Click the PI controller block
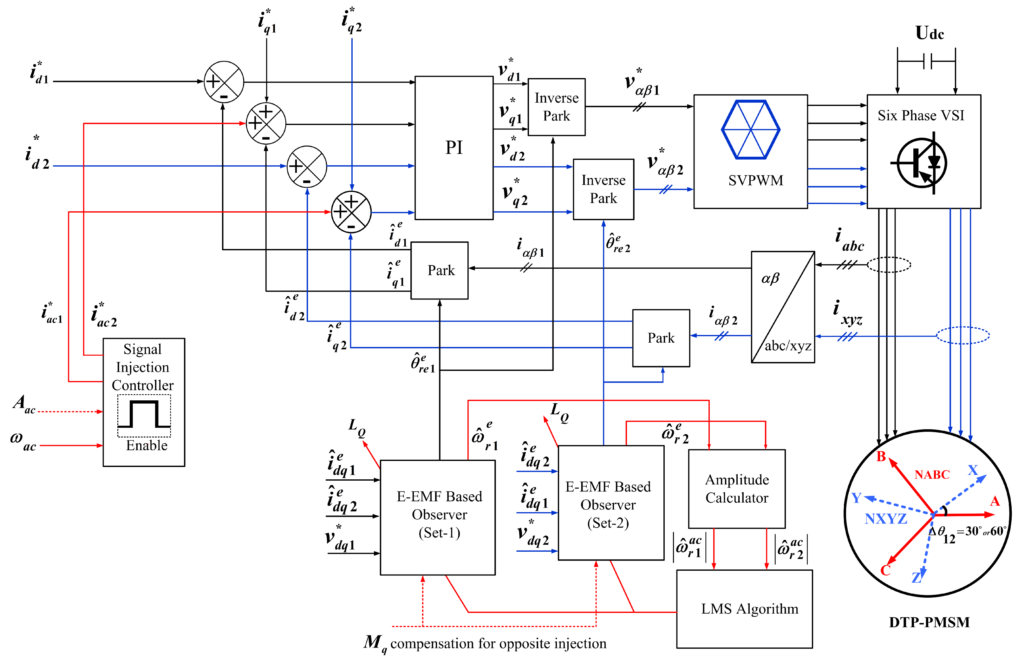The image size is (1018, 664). (x=454, y=148)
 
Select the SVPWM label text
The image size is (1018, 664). (x=755, y=181)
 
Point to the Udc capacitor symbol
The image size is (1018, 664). (x=927, y=61)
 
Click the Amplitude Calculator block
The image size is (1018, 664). (x=737, y=489)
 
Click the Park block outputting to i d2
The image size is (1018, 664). (x=661, y=338)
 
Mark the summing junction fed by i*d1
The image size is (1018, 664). (x=224, y=82)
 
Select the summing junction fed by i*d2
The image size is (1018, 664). (x=307, y=167)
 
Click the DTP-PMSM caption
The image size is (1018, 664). (x=929, y=622)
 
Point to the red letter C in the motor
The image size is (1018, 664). (x=885, y=570)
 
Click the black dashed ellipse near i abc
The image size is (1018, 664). (x=889, y=265)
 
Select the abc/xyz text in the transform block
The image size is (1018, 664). (x=788, y=346)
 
